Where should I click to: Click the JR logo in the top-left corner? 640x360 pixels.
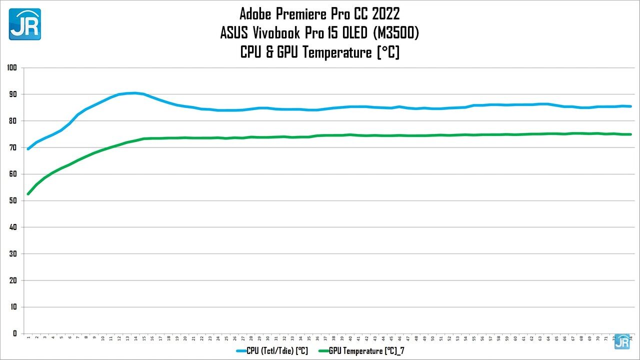pos(25,24)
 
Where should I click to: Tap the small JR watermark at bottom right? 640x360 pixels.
pos(622,341)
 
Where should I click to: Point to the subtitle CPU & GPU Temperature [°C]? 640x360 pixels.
pos(319,52)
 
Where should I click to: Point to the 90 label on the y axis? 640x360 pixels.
pos(13,94)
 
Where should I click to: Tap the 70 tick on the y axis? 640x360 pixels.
pos(13,147)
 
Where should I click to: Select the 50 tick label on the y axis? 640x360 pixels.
pos(13,200)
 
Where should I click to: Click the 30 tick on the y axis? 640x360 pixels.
pos(13,253)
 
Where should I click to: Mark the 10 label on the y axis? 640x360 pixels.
pos(13,307)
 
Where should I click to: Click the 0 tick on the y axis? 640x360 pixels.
pos(14,333)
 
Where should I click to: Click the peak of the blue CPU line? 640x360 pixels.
pos(134,93)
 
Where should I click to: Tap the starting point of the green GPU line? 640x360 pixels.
pos(28,194)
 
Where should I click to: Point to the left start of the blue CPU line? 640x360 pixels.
pos(28,149)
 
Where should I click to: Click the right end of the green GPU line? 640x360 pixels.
pos(631,134)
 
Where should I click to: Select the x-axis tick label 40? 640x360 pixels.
pos(350,338)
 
